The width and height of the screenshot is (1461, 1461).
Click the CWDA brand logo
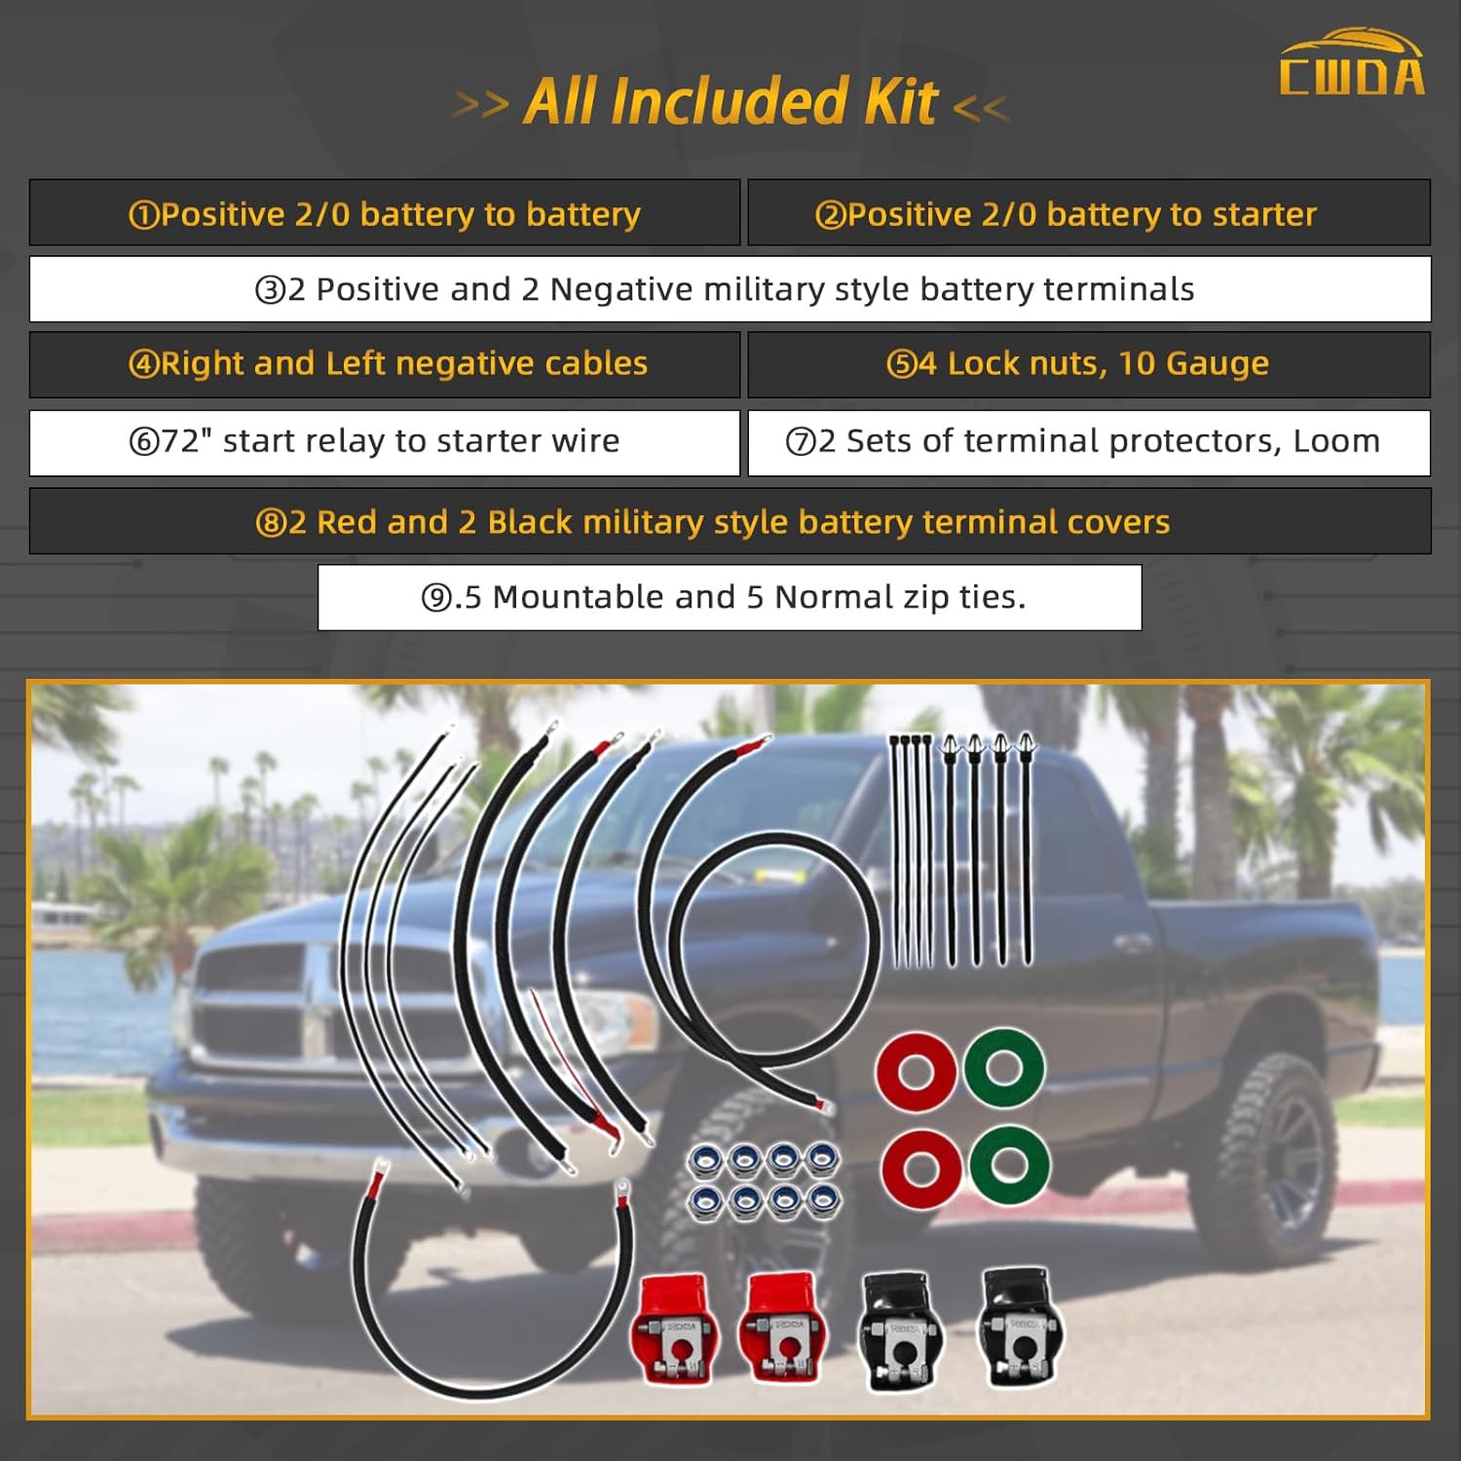(x=1352, y=64)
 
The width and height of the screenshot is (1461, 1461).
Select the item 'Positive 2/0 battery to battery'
(x=385, y=213)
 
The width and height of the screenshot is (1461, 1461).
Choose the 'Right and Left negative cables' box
(x=387, y=364)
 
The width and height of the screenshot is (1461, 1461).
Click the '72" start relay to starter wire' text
(x=375, y=441)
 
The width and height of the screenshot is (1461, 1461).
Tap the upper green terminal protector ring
(x=1004, y=1068)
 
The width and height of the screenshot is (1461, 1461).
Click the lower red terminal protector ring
(x=920, y=1168)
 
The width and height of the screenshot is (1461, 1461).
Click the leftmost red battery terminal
(x=675, y=1330)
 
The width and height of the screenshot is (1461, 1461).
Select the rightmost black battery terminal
(x=1019, y=1325)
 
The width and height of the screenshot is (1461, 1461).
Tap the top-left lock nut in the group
(x=704, y=1160)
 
